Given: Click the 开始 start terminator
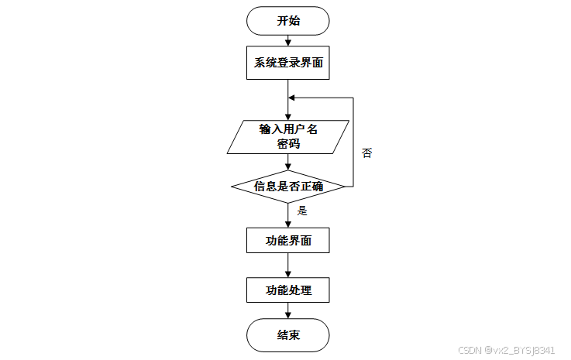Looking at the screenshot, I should pos(288,21).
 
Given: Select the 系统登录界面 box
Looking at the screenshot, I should pos(288,63).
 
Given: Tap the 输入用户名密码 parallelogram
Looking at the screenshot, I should pos(288,136).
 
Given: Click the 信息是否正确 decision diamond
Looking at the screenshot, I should pos(288,186).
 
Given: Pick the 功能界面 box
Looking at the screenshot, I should pos(288,240).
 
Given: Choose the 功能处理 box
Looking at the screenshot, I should pos(288,290).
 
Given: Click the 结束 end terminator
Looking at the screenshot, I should pos(288,335).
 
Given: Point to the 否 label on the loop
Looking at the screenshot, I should pos(366,153).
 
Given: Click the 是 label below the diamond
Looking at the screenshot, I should pos(302,210).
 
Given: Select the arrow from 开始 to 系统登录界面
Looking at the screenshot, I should pos(288,40).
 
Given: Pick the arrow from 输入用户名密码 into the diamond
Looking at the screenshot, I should pos(288,162).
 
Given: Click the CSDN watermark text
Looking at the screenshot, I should pos(507,350).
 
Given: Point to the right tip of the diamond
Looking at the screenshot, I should pos(343,186).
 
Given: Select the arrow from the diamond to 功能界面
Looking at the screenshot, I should pos(288,214).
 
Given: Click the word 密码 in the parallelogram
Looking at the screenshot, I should pos(288,144).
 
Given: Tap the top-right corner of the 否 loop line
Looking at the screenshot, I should pos(353,98).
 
